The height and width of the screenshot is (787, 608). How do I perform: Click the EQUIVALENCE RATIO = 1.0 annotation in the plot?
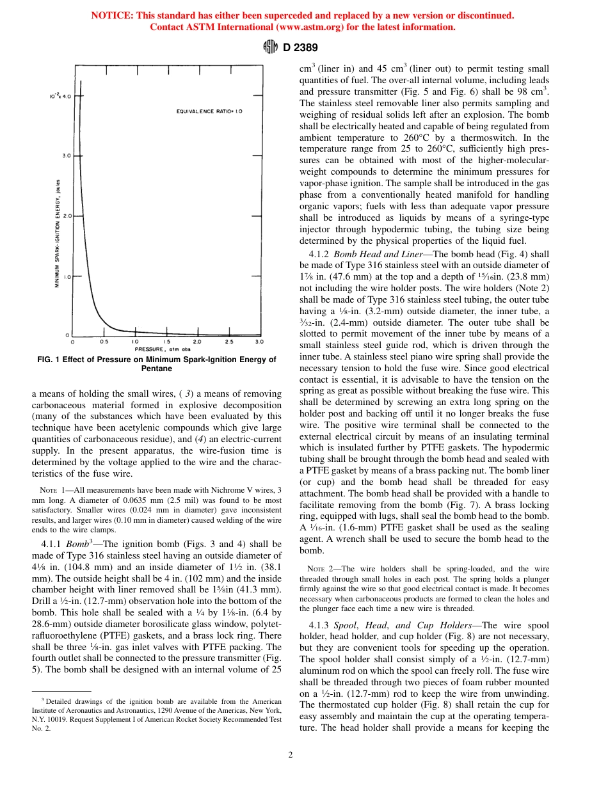point(209,111)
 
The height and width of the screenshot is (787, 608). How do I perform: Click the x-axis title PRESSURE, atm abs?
point(163,349)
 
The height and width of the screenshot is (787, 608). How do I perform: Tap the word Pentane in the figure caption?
point(156,369)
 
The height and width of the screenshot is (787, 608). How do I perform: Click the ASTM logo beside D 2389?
point(270,47)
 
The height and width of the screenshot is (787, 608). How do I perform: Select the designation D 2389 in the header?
point(296,47)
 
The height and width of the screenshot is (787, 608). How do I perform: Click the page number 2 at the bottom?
point(291,755)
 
